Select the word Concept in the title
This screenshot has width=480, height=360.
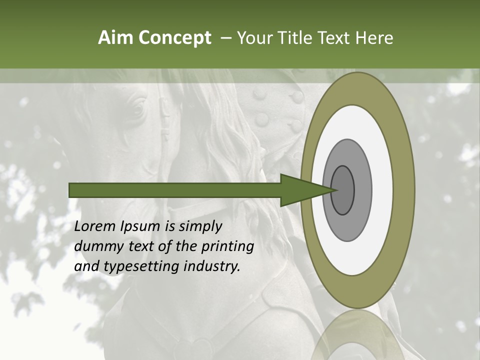point(175,38)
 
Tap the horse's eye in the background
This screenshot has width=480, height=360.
point(136,107)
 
